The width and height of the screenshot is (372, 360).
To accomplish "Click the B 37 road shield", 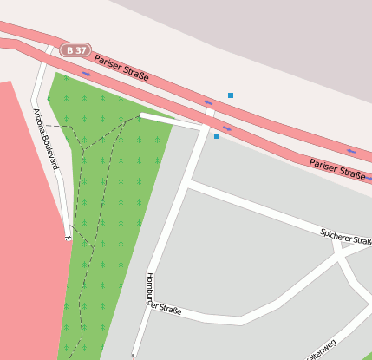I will coord(76,50).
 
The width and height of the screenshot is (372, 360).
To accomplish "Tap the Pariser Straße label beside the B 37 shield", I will coord(121,69).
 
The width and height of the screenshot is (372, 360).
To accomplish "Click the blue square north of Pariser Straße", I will coord(231,95).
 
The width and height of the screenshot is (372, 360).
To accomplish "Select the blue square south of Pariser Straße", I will coord(217,135).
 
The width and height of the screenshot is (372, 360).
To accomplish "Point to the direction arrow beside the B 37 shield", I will coord(86,73).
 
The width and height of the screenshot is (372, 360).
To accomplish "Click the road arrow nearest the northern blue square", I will coord(208,102).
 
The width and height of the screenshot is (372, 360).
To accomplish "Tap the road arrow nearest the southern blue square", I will coord(227,128).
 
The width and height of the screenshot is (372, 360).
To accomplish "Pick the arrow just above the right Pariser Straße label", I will coord(350,152).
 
